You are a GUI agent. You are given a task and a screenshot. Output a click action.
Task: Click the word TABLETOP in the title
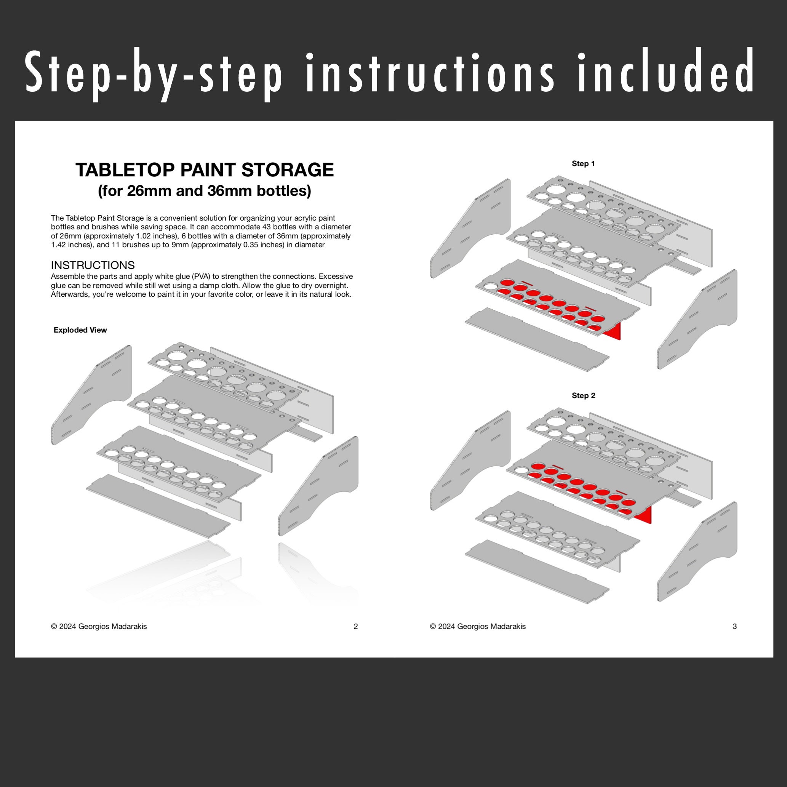[125, 170]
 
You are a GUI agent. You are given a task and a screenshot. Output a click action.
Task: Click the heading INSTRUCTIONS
[93, 265]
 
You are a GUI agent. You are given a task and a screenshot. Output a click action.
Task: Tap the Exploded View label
[80, 330]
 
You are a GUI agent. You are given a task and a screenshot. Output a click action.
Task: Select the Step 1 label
[583, 164]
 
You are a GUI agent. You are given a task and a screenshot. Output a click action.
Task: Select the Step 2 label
[583, 395]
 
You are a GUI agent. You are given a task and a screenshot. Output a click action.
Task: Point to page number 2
[356, 627]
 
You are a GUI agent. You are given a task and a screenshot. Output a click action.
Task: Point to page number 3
[734, 627]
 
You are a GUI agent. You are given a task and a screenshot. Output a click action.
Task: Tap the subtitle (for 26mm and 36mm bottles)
[205, 190]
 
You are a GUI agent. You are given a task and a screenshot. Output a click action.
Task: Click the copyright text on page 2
[99, 627]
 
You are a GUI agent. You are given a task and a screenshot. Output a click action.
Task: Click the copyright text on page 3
[478, 627]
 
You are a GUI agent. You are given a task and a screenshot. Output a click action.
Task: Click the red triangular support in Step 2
[644, 516]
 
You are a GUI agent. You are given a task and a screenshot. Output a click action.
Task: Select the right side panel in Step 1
[697, 320]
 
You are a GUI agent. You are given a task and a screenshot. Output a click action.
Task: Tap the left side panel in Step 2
[470, 460]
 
